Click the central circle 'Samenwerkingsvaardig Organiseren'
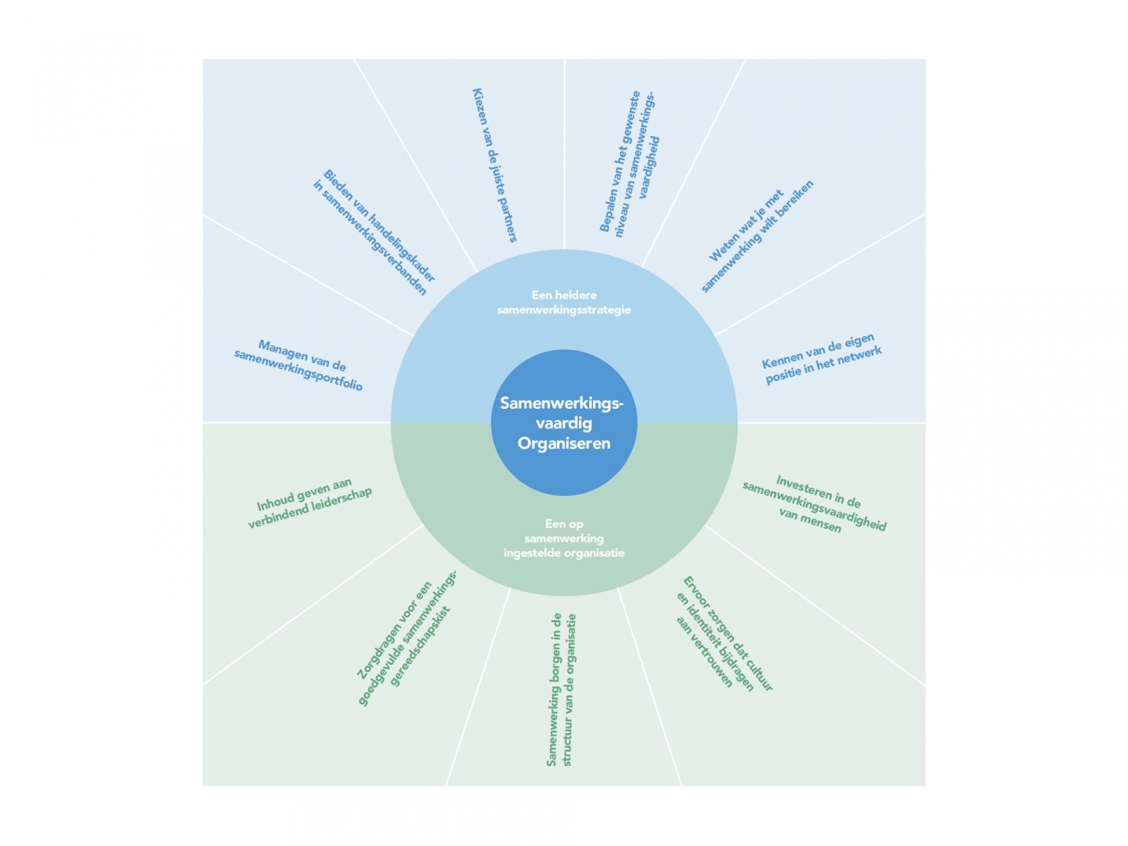pos(564,422)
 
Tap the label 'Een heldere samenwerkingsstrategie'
pos(564,302)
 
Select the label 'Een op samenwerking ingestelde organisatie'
pos(564,538)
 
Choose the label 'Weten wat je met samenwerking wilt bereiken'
pos(757,235)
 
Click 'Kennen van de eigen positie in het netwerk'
pos(822,360)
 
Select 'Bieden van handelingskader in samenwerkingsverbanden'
pos(374,232)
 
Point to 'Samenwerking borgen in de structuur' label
pos(561,689)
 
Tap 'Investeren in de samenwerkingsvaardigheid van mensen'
pos(815,504)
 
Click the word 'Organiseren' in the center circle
pos(564,443)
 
